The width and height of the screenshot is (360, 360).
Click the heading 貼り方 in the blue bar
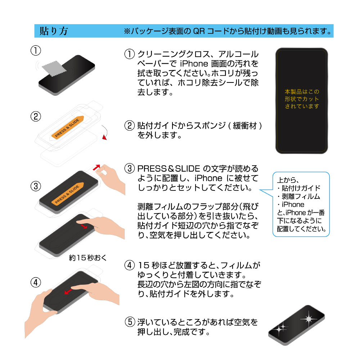click(54, 31)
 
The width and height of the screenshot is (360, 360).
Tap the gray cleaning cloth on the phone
click(54, 68)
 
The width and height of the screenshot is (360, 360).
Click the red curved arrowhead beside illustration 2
click(105, 137)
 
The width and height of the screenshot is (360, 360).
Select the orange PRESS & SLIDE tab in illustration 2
click(67, 128)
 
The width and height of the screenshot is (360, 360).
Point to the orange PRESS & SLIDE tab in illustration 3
click(67, 194)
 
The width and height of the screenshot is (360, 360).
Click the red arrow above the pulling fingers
click(96, 167)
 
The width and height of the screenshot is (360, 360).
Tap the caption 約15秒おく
click(88, 258)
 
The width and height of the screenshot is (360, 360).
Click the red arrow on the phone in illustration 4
click(68, 291)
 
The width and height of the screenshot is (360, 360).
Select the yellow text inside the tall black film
click(302, 99)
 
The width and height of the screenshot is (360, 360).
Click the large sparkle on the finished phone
click(309, 319)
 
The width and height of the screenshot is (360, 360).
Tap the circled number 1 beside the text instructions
click(130, 54)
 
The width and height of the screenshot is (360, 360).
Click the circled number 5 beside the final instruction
click(130, 322)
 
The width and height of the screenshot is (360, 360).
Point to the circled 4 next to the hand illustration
click(36, 282)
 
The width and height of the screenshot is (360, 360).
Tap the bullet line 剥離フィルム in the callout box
click(299, 196)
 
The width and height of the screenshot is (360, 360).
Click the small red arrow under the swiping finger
click(84, 226)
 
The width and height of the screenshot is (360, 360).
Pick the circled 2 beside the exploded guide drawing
click(36, 116)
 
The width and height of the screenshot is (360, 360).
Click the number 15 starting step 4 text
click(144, 265)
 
